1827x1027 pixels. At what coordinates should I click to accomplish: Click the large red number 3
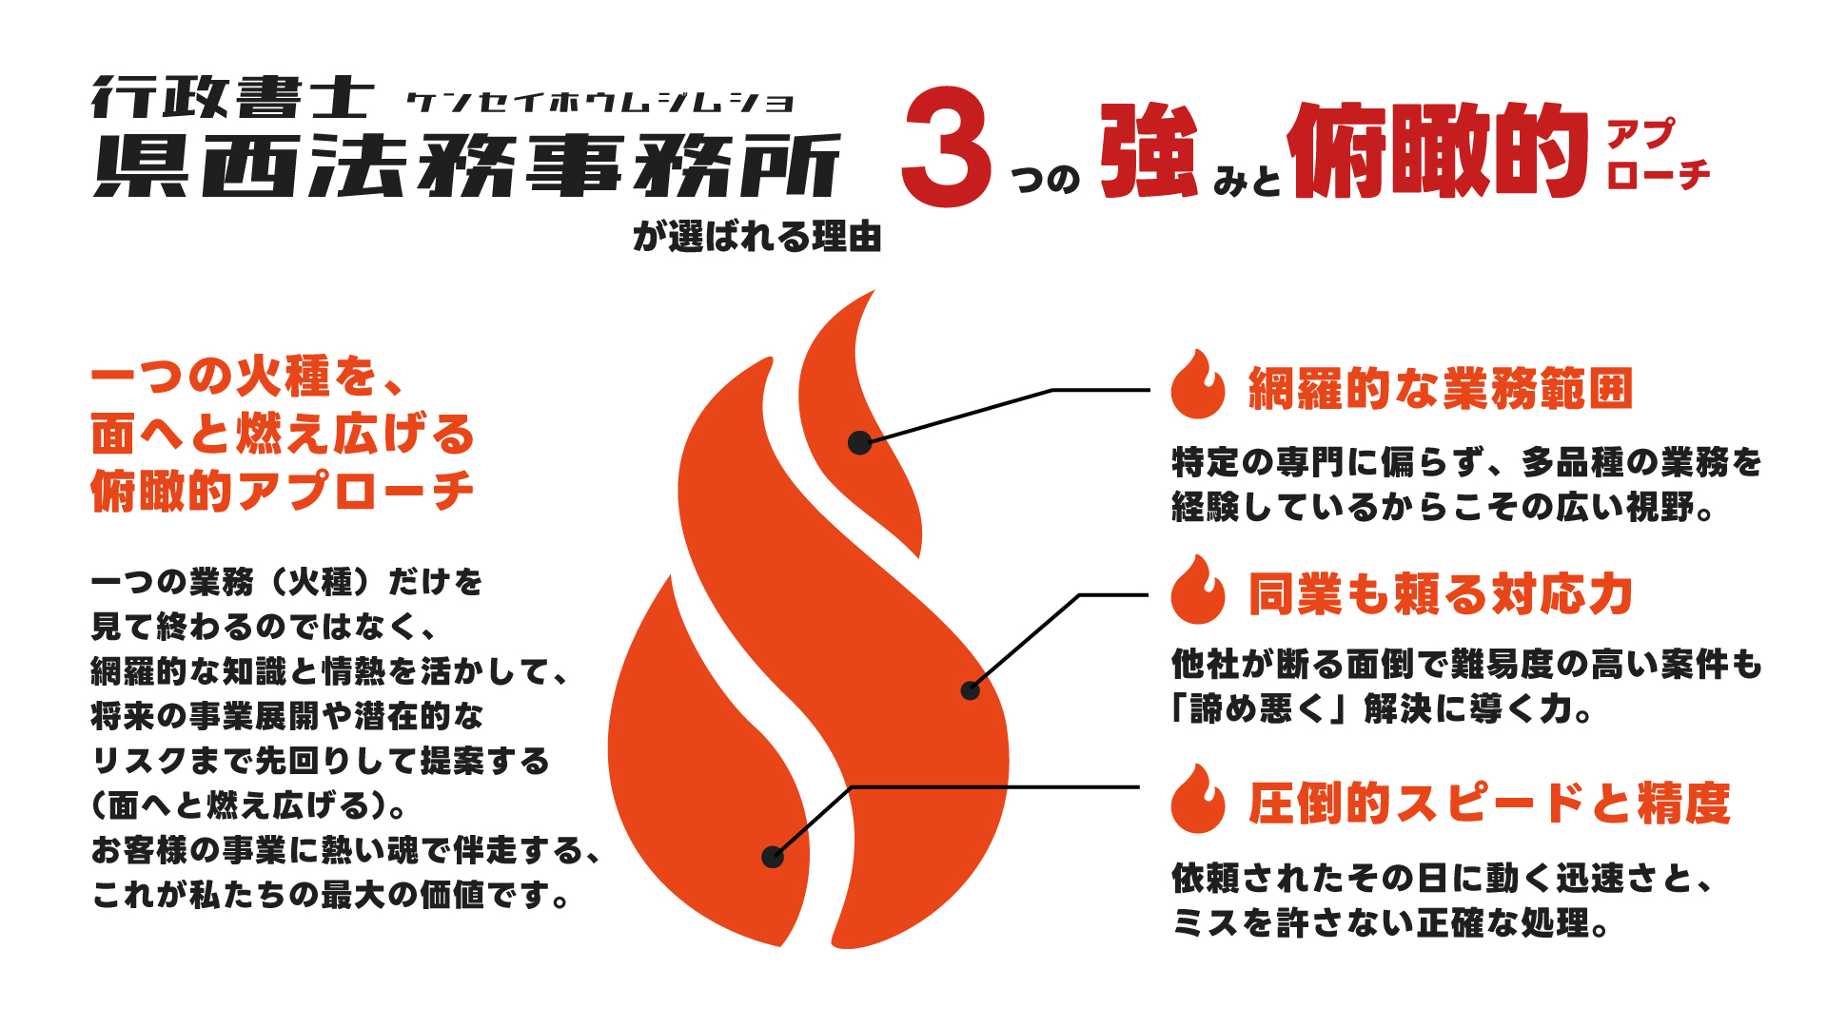click(947, 147)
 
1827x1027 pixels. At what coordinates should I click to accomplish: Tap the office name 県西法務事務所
click(467, 165)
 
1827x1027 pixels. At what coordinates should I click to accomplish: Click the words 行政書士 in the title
click(233, 98)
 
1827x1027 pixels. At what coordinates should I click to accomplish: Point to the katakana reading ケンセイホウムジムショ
click(599, 102)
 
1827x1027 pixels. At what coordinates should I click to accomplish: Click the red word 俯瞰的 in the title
click(1438, 150)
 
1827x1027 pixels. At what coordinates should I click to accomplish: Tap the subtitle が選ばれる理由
click(757, 236)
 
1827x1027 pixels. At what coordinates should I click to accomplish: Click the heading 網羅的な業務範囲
click(1441, 389)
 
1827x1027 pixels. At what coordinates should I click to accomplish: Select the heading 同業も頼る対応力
click(1441, 594)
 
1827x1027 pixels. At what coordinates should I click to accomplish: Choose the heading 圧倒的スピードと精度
click(1489, 804)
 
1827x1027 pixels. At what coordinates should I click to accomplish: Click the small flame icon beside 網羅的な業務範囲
click(1198, 384)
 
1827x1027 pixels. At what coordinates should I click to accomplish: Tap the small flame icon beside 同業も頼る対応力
click(1198, 590)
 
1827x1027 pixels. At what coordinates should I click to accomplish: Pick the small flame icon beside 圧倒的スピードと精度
click(1198, 799)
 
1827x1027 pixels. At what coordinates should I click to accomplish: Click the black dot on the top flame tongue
click(859, 442)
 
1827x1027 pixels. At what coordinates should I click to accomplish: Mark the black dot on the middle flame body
click(970, 690)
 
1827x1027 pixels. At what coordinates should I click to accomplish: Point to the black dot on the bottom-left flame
click(773, 857)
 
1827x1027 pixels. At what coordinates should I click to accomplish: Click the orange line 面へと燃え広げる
click(283, 434)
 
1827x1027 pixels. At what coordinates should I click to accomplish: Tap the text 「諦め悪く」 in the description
click(1264, 709)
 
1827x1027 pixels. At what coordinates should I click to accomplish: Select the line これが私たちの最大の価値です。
click(331, 895)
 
